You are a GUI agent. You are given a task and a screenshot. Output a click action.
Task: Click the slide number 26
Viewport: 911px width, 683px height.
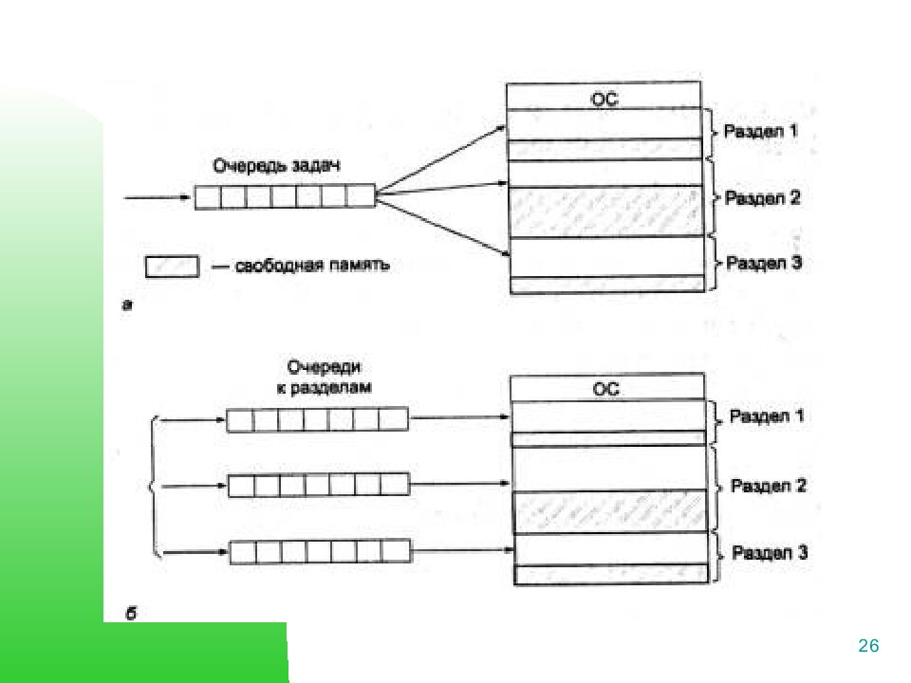point(868,646)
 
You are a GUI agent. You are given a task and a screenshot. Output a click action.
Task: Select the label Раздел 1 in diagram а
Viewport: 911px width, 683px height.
point(761,131)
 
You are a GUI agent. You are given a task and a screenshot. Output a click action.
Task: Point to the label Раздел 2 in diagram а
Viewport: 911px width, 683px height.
point(764,198)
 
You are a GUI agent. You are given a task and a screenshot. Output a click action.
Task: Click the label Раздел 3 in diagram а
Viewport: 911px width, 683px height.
point(765,263)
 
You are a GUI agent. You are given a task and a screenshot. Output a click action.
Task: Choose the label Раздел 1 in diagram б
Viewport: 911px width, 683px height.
point(767,416)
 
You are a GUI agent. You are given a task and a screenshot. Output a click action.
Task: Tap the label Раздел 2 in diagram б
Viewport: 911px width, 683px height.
point(769,486)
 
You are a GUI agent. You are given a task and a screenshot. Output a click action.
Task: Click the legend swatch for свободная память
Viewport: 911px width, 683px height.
point(172,266)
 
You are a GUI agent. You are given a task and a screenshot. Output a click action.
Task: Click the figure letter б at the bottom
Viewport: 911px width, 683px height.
point(131,615)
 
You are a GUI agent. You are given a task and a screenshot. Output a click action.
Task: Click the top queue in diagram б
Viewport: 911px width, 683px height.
point(317,419)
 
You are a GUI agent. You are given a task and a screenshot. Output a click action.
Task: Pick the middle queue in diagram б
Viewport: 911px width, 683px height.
point(319,485)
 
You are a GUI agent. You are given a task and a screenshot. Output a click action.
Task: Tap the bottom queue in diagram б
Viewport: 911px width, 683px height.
point(320,551)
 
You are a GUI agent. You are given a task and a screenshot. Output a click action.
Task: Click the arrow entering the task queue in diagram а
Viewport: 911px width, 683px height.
point(158,198)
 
